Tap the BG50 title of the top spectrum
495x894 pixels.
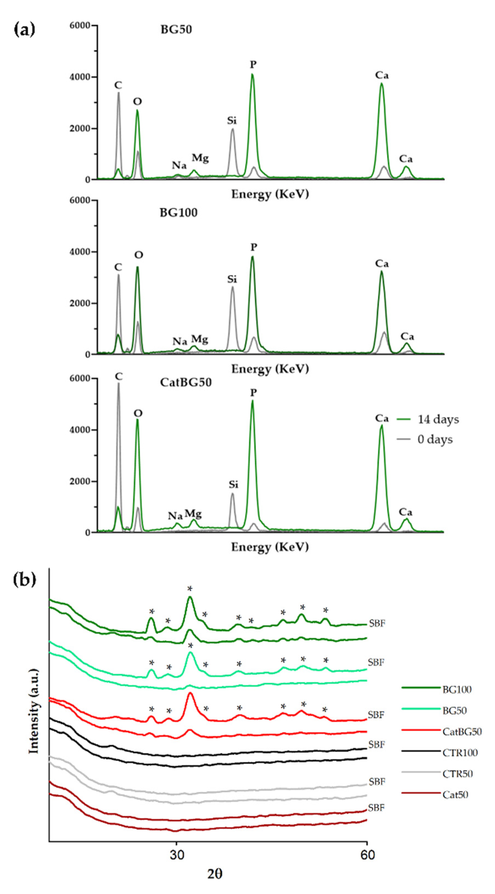[176, 30]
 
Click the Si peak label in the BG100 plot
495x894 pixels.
[232, 279]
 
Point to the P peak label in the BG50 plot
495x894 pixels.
[253, 65]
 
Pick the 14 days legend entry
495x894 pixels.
[438, 419]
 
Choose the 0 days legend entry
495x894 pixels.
[435, 440]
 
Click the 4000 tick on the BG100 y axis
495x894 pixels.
[82, 252]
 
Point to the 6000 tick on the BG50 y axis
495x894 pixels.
[82, 25]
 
